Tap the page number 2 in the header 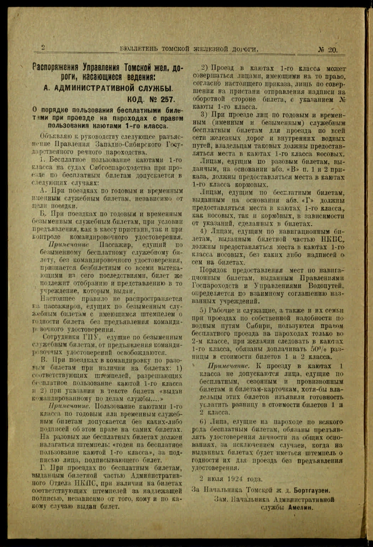coord(43,47)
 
